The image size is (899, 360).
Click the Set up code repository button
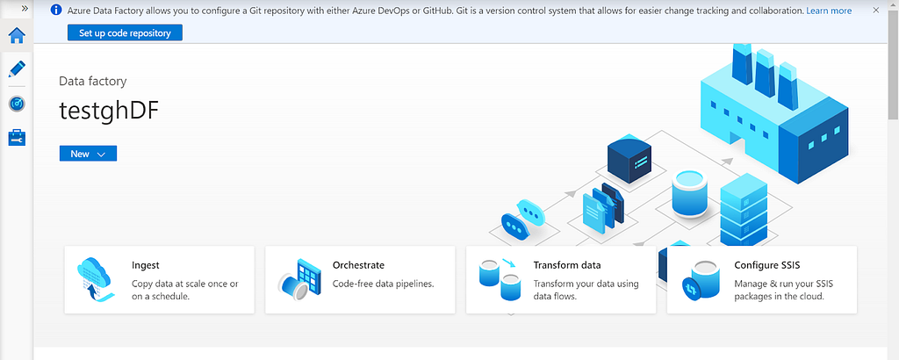coord(125,32)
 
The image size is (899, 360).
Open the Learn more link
coord(829,11)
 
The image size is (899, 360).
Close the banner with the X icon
coord(875,11)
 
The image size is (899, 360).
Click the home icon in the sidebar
coord(17,35)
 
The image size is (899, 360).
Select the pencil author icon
coord(17,69)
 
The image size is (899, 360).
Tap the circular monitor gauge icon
coord(17,104)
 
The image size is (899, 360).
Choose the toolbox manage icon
coord(17,138)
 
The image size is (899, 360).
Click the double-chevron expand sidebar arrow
coord(25,9)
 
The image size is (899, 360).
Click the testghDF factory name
coord(108,112)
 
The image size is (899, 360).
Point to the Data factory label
coord(93,82)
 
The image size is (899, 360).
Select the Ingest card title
coord(146,265)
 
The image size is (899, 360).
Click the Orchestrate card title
coord(358,265)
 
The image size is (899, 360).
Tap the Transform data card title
coord(567,265)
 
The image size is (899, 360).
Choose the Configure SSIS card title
coord(767,265)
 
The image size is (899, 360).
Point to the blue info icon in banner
coord(56,11)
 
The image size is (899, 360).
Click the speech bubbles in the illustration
coord(522,219)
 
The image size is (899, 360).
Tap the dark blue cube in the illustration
coord(629,158)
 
